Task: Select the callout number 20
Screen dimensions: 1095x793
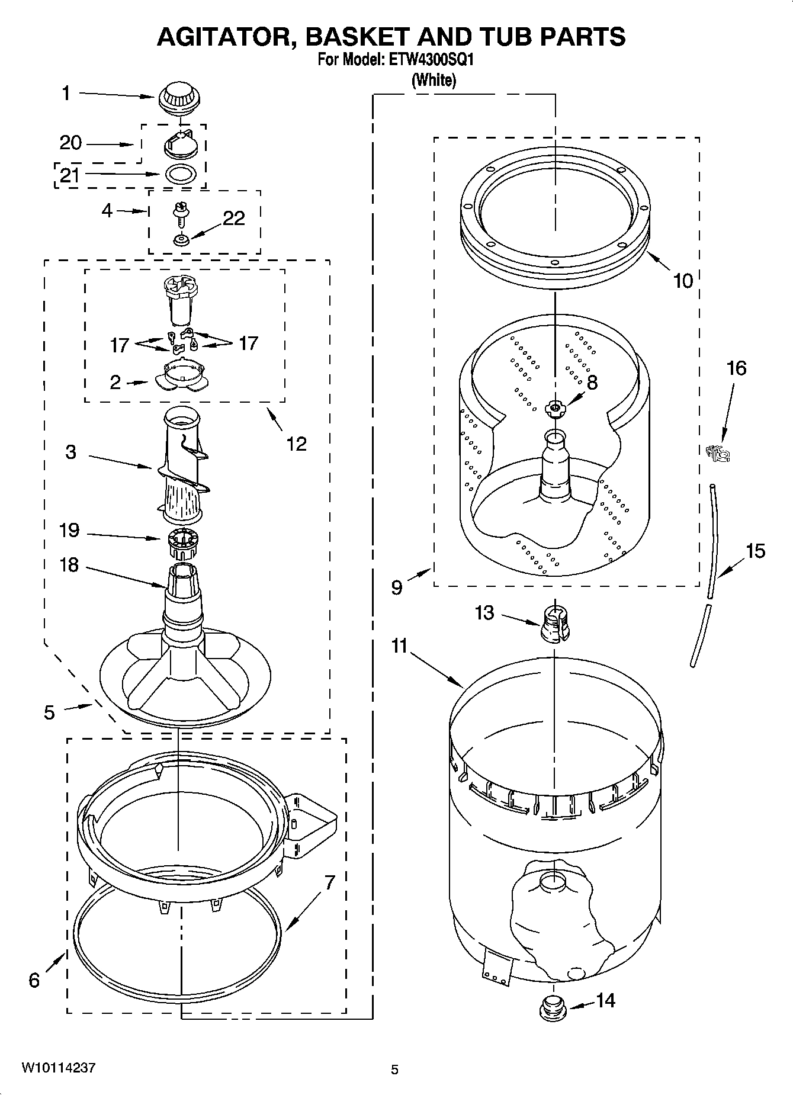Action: [70, 143]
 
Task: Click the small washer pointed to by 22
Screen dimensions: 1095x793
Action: [180, 239]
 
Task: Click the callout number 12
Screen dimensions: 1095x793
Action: [296, 443]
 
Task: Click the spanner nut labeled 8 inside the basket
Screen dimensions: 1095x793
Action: [555, 407]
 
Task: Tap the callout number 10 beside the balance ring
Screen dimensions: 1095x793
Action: [683, 280]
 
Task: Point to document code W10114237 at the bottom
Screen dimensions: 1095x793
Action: [58, 1068]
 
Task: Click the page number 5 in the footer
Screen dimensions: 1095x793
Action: [394, 1069]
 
